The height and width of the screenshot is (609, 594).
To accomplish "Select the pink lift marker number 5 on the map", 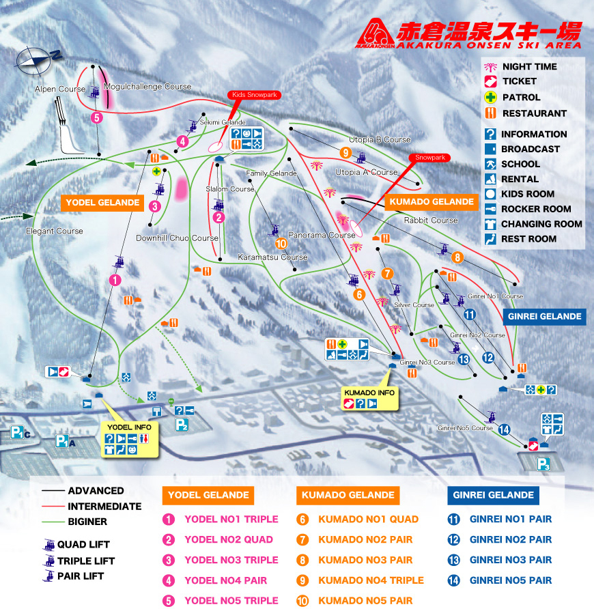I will coord(97,117).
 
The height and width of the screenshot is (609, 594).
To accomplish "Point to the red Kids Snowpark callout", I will coord(253,95).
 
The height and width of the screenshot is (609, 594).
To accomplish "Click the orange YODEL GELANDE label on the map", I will coord(103,203).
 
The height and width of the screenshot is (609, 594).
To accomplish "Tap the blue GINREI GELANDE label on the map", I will coord(544,316).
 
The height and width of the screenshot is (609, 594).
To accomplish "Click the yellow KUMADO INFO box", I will coord(369,398).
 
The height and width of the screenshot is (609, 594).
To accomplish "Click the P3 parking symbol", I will coord(543,465).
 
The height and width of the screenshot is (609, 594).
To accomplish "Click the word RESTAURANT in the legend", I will coord(534,113).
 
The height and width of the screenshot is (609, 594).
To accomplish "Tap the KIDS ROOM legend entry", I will coord(527,194).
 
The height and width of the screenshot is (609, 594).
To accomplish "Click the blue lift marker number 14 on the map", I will coord(504,429).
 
